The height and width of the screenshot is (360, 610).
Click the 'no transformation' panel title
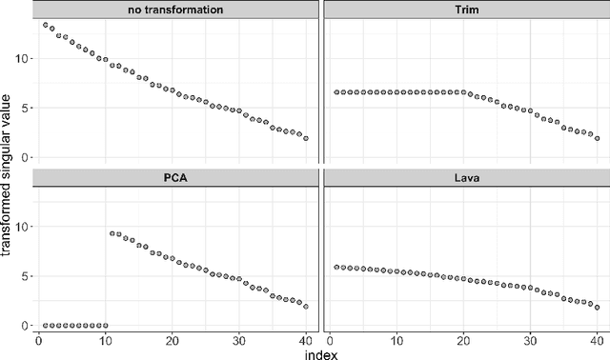coord(177,10)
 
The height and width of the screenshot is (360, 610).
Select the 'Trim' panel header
coord(465,10)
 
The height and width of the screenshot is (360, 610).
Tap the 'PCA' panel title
coord(177,178)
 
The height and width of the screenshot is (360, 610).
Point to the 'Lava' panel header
coord(465,178)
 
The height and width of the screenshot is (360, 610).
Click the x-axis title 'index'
coord(320,352)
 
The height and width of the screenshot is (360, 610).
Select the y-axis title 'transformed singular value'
coord(9,178)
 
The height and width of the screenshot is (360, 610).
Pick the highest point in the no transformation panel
coord(45,25)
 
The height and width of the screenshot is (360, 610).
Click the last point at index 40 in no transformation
coord(306,138)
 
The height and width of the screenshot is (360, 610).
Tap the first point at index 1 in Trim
coord(335,92)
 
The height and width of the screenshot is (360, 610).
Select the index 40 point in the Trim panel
coord(597,138)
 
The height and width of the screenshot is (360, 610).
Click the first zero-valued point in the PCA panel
coord(45,326)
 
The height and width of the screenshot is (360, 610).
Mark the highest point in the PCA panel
coord(112,233)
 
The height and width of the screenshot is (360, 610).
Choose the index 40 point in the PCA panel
coord(306,307)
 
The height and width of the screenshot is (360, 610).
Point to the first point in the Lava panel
coord(335,268)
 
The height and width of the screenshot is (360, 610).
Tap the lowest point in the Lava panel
coord(597,307)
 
